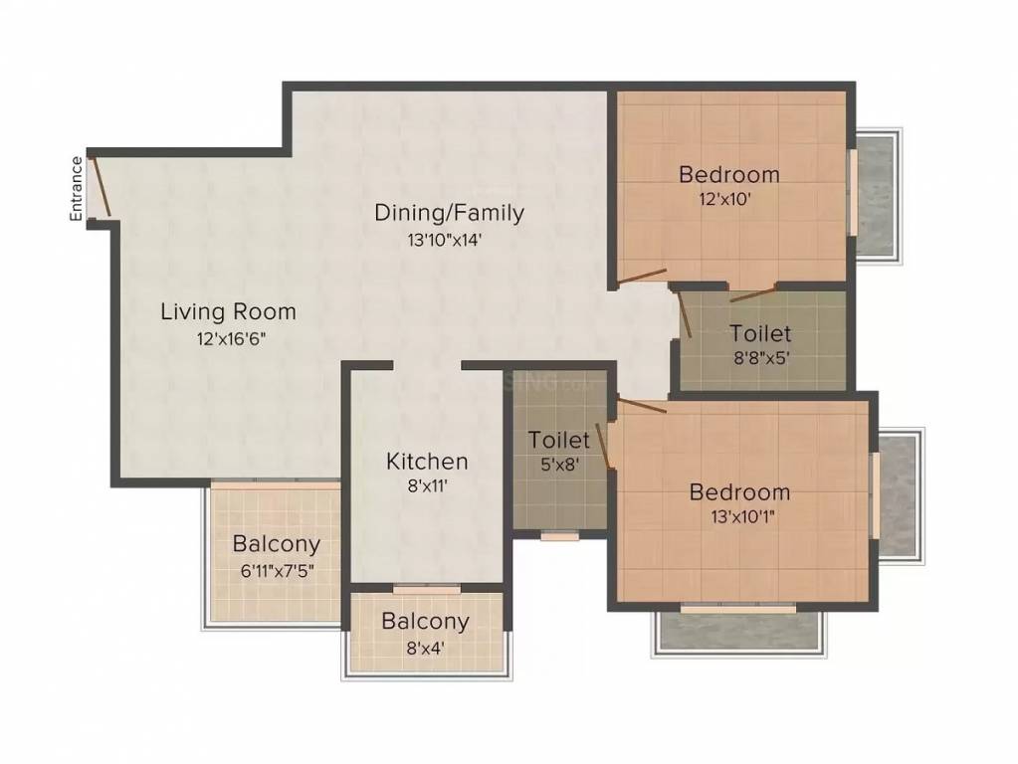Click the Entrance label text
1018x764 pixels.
[76, 188]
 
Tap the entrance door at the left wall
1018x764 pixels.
[99, 185]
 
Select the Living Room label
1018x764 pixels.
[228, 311]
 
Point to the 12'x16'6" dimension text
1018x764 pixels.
[230, 338]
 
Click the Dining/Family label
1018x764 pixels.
[449, 212]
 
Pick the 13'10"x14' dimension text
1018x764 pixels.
[449, 239]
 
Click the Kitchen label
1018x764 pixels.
[427, 462]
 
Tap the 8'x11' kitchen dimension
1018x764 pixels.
[427, 487]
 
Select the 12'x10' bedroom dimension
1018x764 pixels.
[728, 199]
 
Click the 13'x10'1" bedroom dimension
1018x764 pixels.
[739, 517]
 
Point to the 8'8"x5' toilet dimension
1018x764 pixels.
[760, 359]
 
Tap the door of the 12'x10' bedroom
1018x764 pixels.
[641, 276]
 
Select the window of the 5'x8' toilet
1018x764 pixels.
[560, 536]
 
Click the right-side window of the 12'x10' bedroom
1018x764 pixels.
[852, 193]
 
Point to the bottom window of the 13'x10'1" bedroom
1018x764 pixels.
[737, 606]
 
